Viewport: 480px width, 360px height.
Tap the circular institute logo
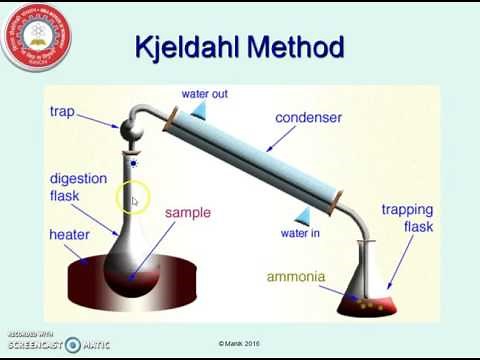[x=38, y=38]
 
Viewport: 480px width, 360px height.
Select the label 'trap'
[x=62, y=110]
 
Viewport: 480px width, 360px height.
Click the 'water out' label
[x=203, y=95]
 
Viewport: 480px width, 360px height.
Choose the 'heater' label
[x=69, y=235]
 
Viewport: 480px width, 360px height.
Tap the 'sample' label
[x=187, y=213]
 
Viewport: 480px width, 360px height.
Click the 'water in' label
[x=300, y=234]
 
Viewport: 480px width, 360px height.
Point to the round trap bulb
[x=130, y=131]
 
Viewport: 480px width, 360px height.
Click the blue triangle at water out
[x=198, y=108]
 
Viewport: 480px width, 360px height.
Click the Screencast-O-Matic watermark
[x=55, y=343]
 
